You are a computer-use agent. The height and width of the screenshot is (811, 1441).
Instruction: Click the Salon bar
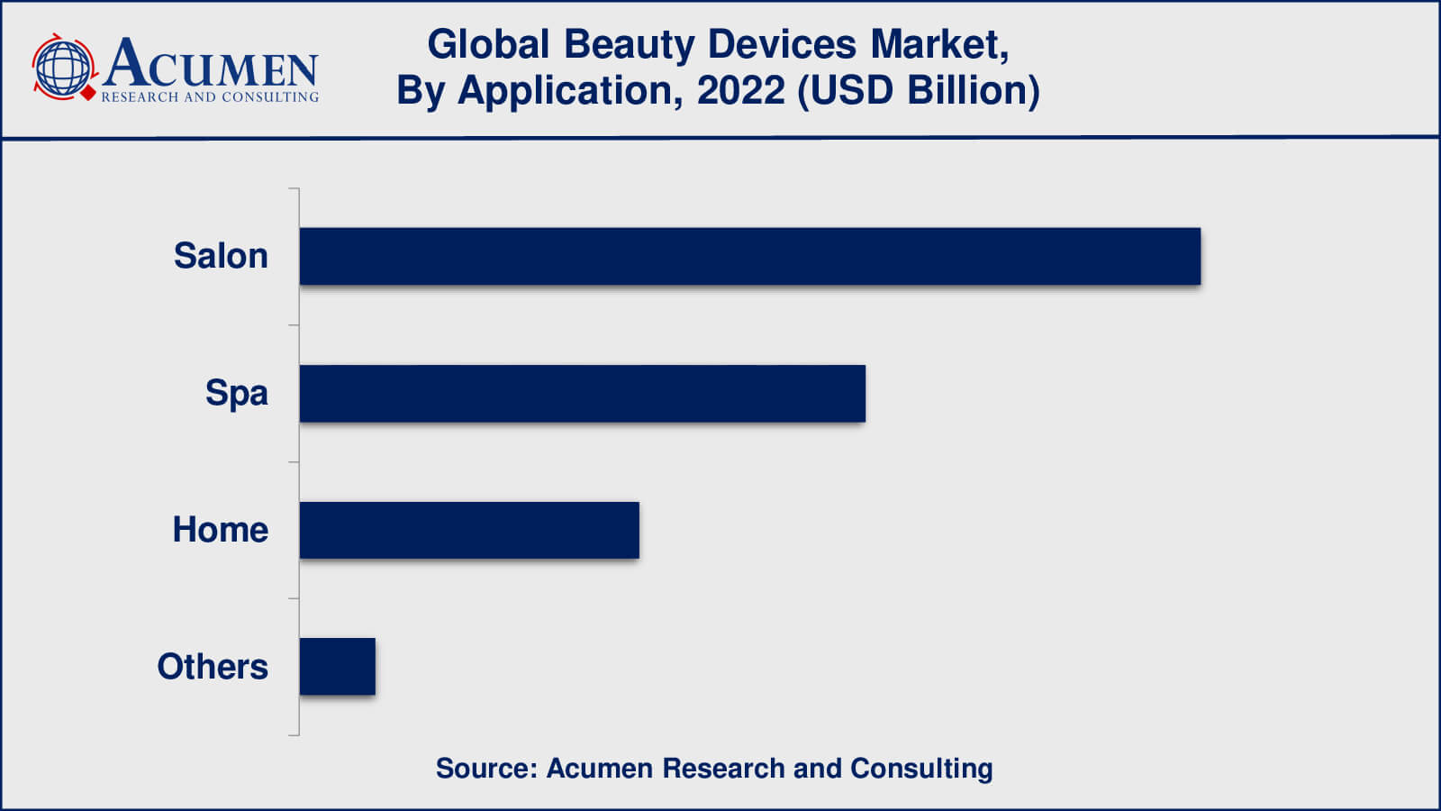coord(749,257)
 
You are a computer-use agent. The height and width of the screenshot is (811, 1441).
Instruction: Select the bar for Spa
coord(582,394)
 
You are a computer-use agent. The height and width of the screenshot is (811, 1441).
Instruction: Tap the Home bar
coord(469,531)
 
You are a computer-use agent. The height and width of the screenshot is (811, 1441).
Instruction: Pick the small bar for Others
coord(337,667)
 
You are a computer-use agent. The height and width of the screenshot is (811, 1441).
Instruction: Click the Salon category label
coord(221,256)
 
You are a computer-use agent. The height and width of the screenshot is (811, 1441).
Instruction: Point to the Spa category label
coord(236,393)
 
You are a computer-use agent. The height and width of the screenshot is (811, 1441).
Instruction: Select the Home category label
coord(220,530)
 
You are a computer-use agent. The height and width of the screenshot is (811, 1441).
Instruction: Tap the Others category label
coord(213,667)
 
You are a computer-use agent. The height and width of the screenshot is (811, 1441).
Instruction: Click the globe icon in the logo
coord(63,68)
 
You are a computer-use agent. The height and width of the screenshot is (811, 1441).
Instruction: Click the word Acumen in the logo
coord(210,63)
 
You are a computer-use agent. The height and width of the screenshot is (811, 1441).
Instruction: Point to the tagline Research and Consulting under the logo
coord(210,97)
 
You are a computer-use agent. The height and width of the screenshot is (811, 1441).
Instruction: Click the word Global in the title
coord(488,44)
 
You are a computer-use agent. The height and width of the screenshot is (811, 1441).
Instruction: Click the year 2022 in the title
coord(740,91)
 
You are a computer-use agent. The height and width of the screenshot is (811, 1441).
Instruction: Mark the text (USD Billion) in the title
coord(919,91)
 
